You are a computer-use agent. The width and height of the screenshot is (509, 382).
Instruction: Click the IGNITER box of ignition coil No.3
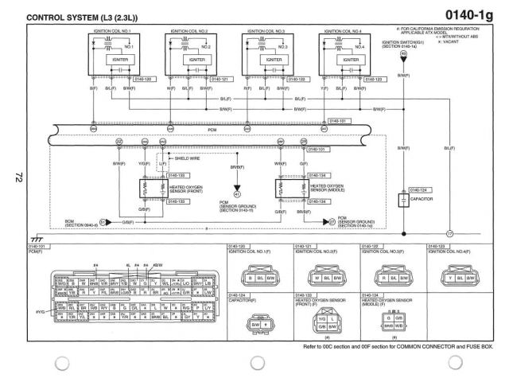[x=273, y=59]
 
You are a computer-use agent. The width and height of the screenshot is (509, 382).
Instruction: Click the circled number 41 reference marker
[x=235, y=193]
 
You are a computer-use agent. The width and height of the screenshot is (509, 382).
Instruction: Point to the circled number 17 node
[x=449, y=233]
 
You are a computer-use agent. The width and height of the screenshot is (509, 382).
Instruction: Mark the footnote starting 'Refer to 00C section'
[x=398, y=348]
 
